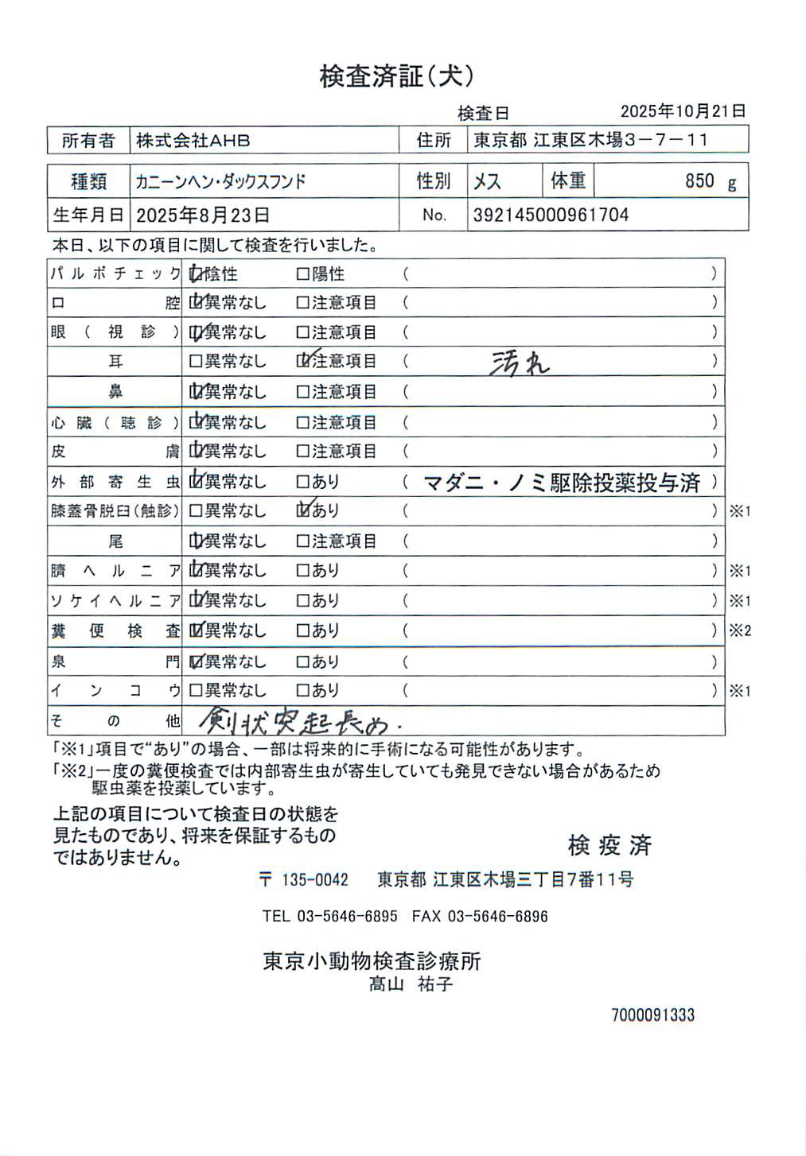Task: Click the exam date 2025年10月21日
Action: [683, 111]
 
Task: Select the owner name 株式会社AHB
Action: [193, 141]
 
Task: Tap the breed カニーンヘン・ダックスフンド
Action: [220, 182]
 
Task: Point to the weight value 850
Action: [699, 181]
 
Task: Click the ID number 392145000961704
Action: [551, 215]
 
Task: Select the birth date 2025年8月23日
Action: [203, 215]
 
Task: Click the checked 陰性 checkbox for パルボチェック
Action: [196, 274]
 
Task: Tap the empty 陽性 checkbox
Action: [302, 274]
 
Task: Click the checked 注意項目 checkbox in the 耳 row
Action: [303, 361]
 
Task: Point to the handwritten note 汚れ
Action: [519, 363]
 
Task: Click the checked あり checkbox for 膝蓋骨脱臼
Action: [303, 510]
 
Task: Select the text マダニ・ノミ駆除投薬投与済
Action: [562, 482]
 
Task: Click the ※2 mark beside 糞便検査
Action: [740, 631]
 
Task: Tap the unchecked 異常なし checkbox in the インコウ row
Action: [196, 691]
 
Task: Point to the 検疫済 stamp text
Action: [609, 845]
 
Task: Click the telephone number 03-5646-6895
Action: [347, 916]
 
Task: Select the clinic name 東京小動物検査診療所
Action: [372, 961]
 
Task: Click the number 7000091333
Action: [652, 1014]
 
